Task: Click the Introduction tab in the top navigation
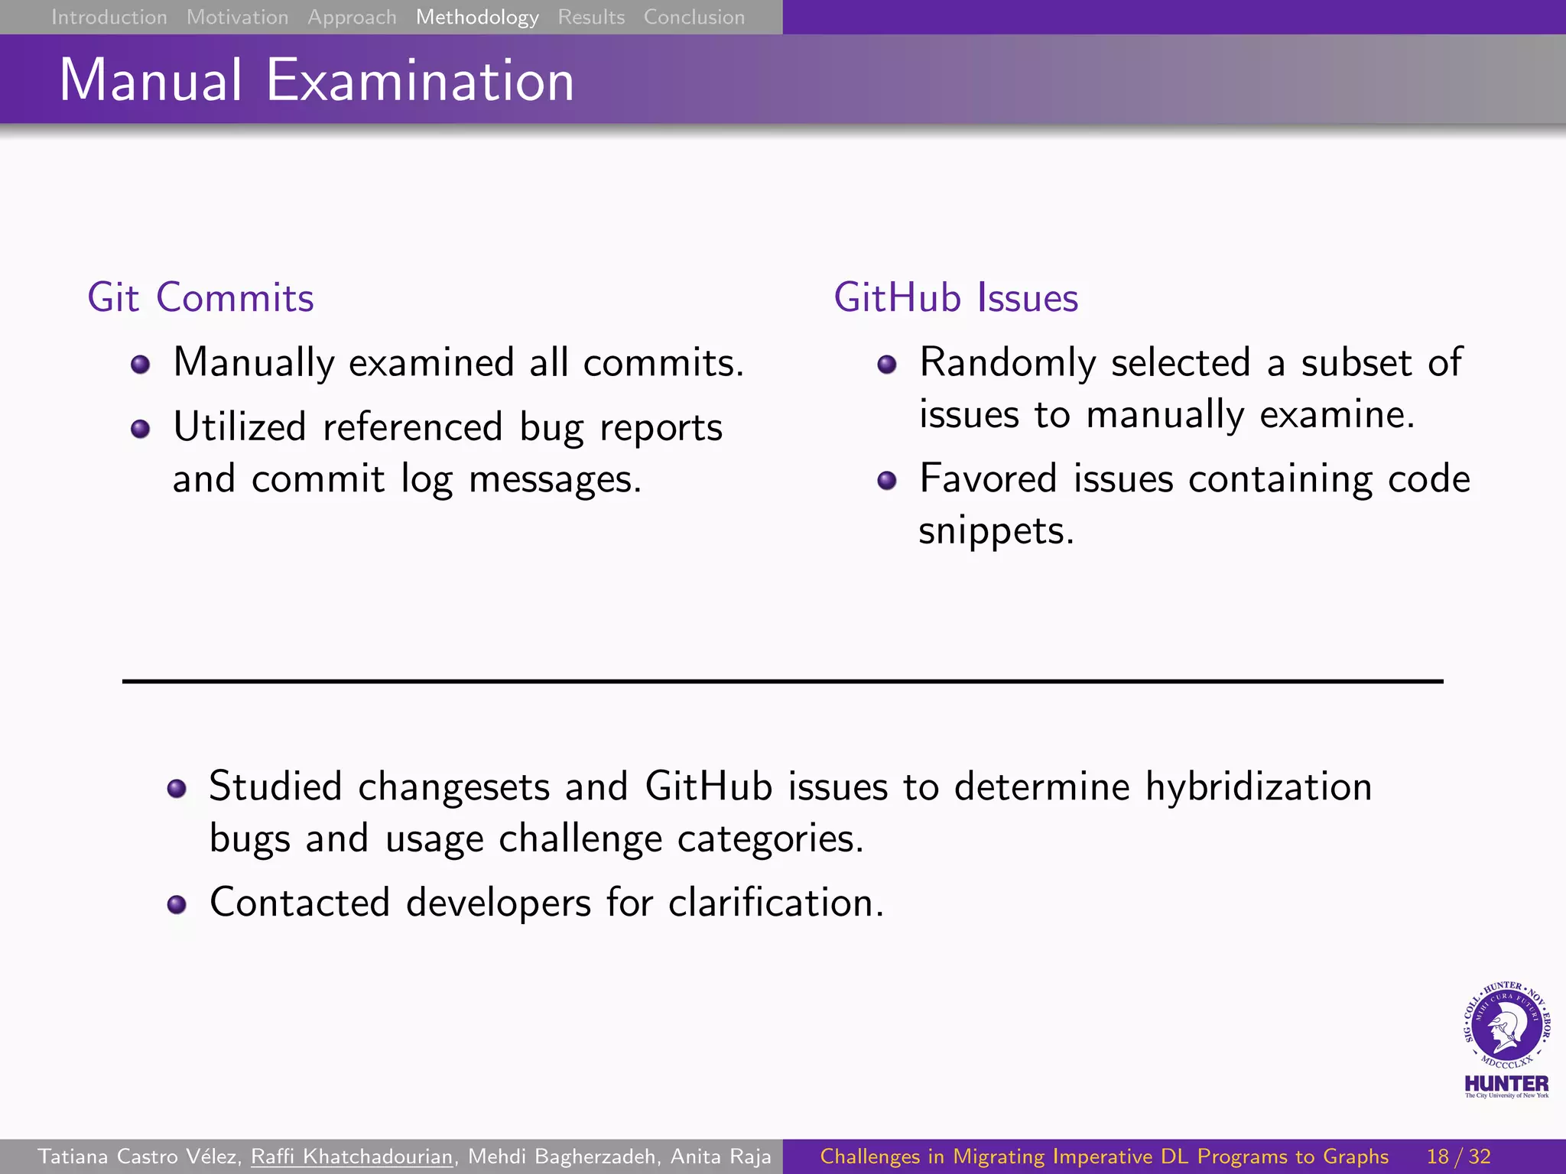coord(109,17)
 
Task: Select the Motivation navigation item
coord(237,17)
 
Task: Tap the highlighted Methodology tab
coord(477,17)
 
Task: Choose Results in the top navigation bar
coord(591,17)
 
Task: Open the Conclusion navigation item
coord(694,17)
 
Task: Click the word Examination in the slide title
coord(420,80)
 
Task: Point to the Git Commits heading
coord(200,297)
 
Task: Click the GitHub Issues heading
coord(956,297)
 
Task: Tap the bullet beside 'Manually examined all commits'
coord(140,365)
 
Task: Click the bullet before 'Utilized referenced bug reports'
coord(140,429)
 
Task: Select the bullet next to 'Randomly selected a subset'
coord(887,365)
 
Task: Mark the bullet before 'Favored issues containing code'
coord(887,481)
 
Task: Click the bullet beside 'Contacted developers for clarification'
coord(177,905)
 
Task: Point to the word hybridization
coord(1258,786)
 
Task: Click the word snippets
coord(996,530)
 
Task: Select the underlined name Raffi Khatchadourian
coord(352,1156)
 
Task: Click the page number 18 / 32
coord(1458,1156)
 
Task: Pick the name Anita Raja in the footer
coord(720,1156)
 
